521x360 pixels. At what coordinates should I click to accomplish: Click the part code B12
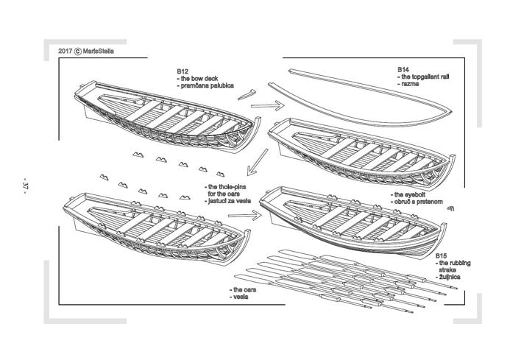tap(182, 71)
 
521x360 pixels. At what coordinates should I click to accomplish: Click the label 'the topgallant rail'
tap(425, 76)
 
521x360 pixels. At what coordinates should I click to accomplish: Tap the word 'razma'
tap(410, 83)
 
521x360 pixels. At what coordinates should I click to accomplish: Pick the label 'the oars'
tap(244, 290)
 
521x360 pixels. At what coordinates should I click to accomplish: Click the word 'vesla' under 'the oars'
tap(240, 297)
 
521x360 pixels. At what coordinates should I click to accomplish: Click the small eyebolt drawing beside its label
tap(450, 209)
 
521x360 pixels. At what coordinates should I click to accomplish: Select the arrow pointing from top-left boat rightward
tap(266, 106)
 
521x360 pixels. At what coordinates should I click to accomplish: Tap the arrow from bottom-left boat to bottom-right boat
tap(245, 216)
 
